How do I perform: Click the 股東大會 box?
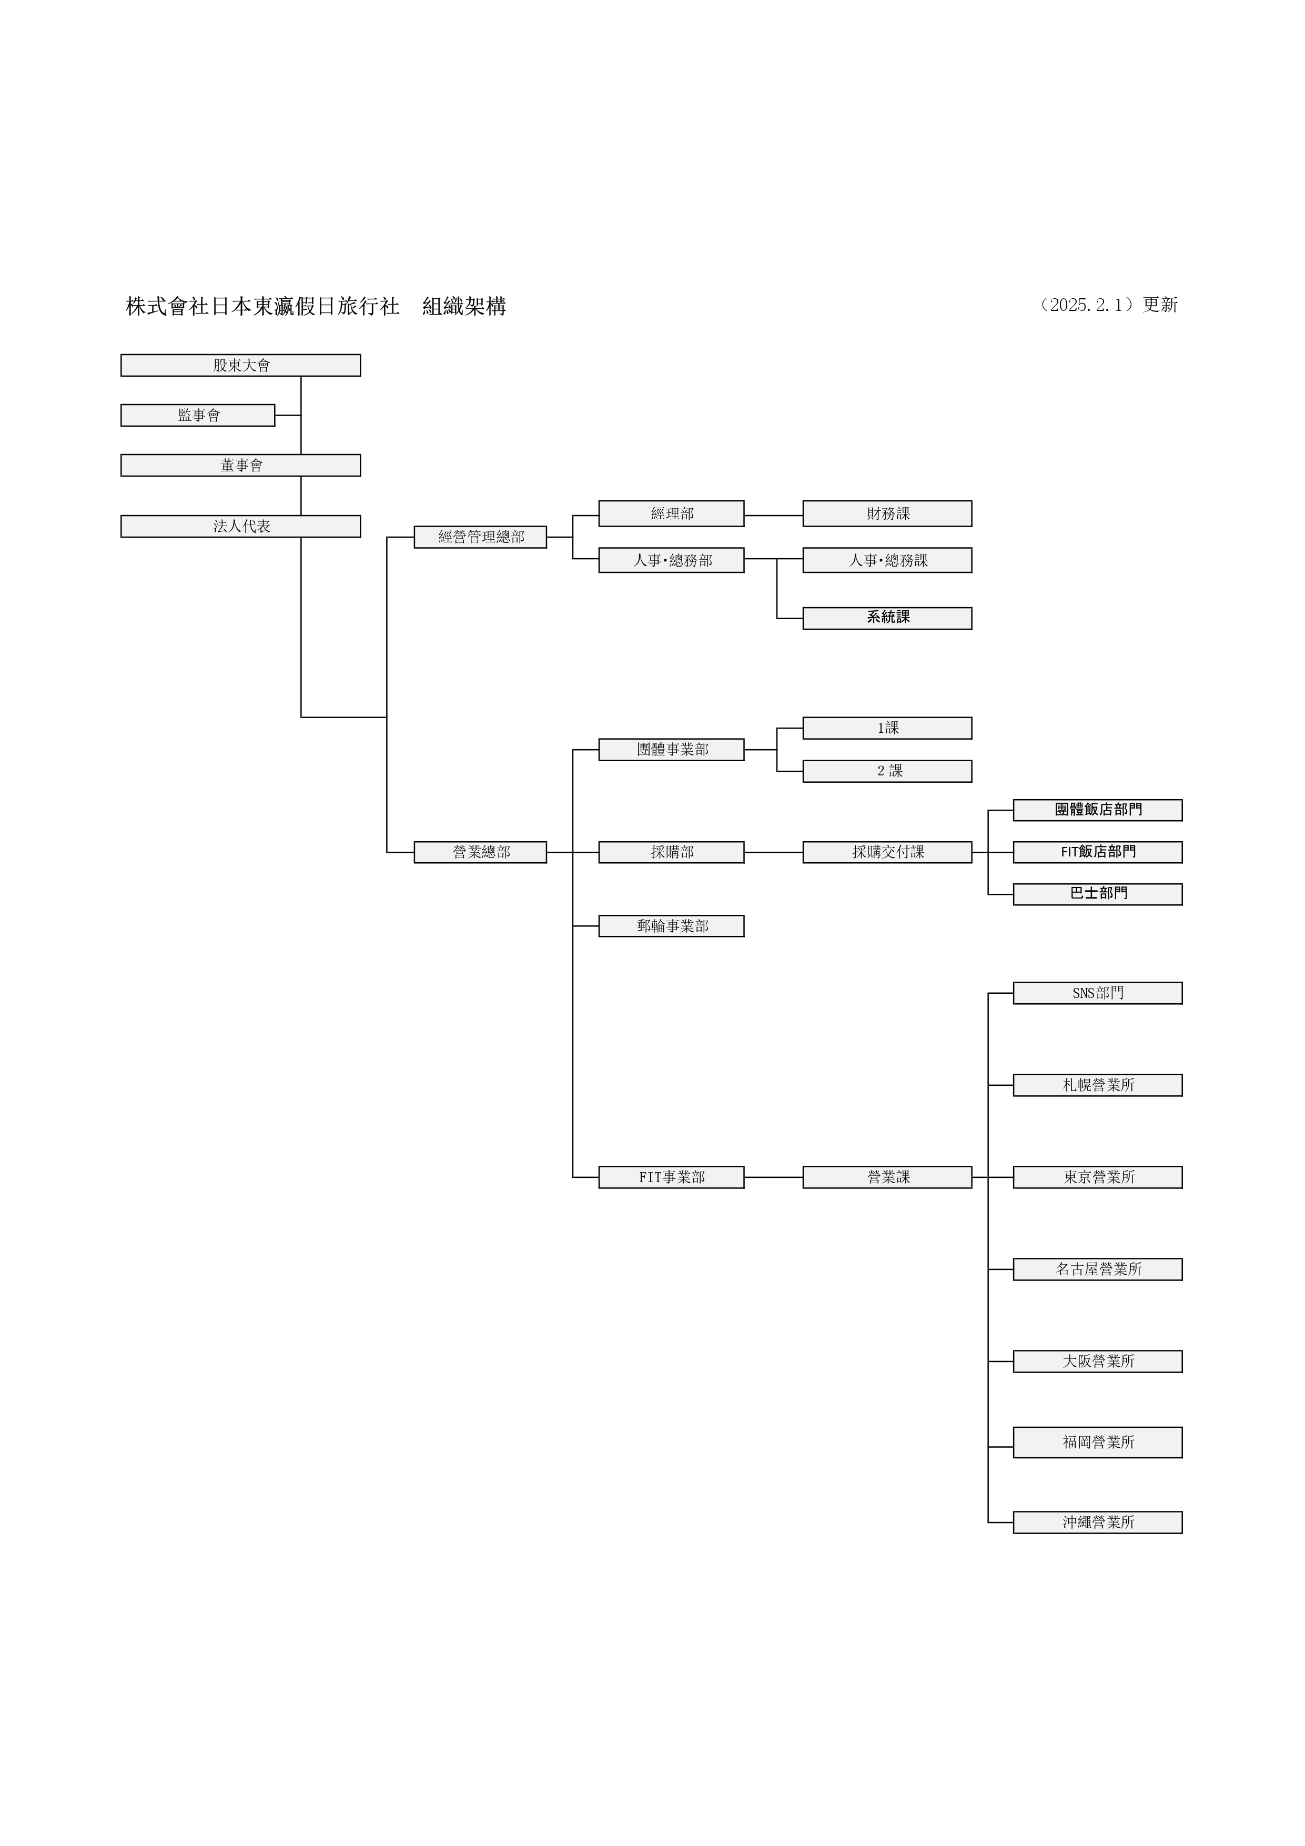[240, 365]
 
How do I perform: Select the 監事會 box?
[198, 415]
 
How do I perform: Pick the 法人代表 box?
[240, 527]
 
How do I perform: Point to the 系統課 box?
[887, 618]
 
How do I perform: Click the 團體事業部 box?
[671, 749]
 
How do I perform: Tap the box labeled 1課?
[887, 728]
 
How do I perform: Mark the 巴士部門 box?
[1098, 894]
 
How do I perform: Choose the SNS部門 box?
[1098, 993]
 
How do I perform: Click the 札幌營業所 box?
[1098, 1085]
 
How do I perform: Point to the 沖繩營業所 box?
[1098, 1522]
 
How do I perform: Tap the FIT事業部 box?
[671, 1177]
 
